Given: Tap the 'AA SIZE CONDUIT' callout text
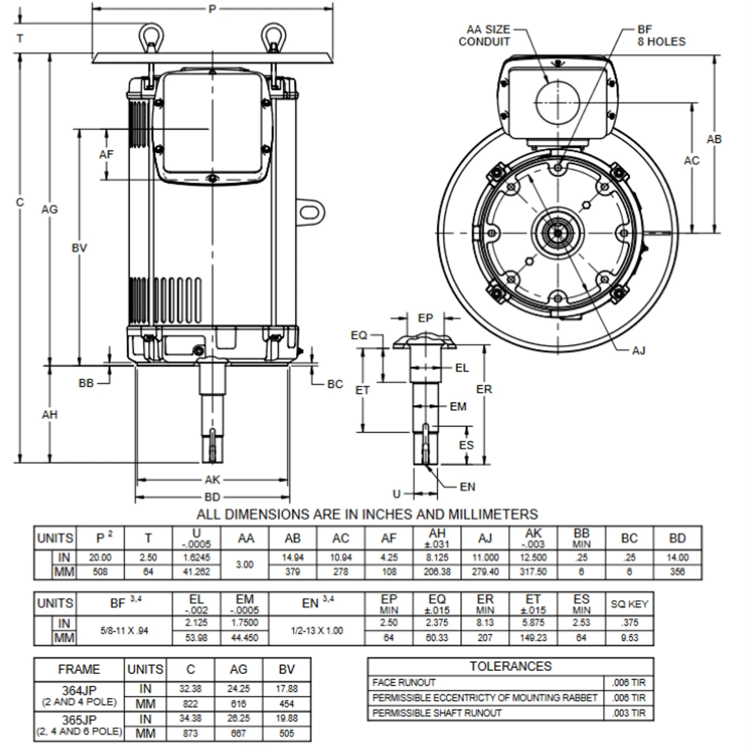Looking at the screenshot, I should (485, 36).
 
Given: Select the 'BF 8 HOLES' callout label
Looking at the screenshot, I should (660, 36).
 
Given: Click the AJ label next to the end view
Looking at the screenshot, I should (639, 350).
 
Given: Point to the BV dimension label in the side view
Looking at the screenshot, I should (79, 248).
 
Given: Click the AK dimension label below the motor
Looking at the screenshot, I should (212, 480).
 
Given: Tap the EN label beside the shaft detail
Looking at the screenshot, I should (468, 486).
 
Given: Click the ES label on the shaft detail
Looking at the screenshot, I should (466, 445).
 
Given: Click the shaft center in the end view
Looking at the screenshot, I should (558, 231).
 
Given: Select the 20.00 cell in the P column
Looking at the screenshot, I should (100, 558).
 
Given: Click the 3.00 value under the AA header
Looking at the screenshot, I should (244, 564).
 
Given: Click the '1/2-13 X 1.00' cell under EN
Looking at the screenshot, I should (317, 630).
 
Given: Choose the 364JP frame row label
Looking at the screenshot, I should (79, 689).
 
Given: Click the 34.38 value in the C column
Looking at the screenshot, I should (190, 719).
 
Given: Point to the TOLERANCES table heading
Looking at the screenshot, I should (510, 666).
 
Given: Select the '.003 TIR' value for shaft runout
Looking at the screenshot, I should (629, 713).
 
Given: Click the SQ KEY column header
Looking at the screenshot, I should (629, 604).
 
